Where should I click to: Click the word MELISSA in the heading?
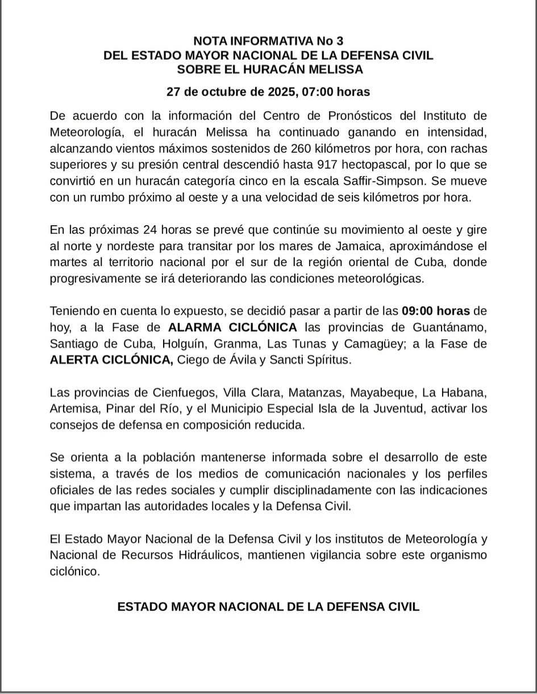pyautogui.click(x=336, y=70)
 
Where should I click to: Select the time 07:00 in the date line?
pyautogui.click(x=315, y=92)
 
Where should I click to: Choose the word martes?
pyautogui.click(x=69, y=263)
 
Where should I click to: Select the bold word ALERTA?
pyautogui.click(x=78, y=360)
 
